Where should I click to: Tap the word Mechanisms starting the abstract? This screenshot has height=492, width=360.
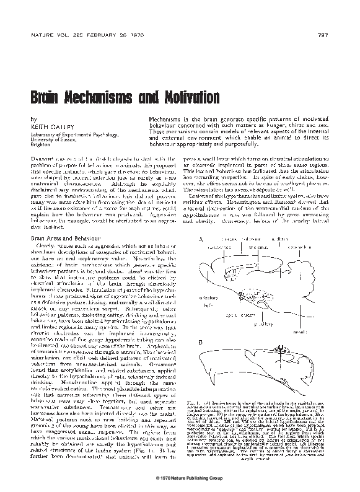[x=164, y=117]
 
